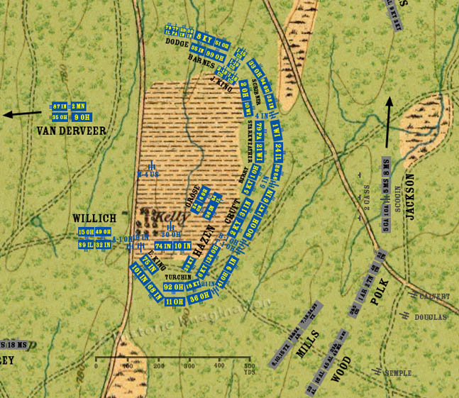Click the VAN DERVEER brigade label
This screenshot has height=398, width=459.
point(71,131)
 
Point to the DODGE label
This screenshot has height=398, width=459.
point(177,43)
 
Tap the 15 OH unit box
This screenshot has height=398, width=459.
point(85,232)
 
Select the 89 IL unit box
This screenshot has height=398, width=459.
point(85,245)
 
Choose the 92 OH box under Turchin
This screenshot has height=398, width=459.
point(174,287)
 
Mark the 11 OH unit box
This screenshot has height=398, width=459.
point(175,302)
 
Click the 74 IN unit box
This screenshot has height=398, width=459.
point(163,245)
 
